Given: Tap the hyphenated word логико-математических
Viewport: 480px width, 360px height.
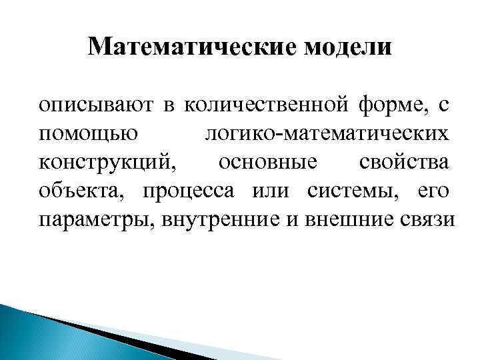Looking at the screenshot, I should point(326,133).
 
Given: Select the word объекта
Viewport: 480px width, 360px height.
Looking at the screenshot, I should point(83,191).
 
